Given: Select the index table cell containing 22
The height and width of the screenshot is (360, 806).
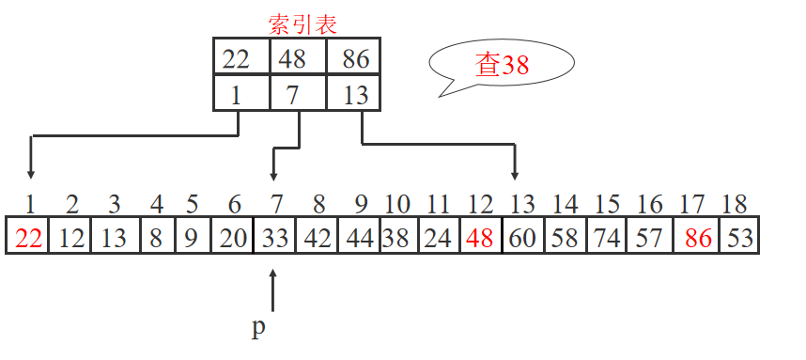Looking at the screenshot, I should [x=241, y=58].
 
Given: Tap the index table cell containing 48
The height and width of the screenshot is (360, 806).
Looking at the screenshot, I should [x=297, y=58].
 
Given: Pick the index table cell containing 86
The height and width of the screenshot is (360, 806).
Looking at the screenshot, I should [x=355, y=58].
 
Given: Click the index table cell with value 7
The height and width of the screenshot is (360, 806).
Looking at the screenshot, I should [x=297, y=94].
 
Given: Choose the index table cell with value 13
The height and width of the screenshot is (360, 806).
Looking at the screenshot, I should [x=355, y=94].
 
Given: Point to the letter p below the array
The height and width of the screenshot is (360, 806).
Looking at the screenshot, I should [x=259, y=328].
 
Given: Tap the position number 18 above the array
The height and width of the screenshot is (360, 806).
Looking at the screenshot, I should [x=734, y=203].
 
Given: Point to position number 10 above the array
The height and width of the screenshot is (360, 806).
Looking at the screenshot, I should [x=397, y=203].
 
